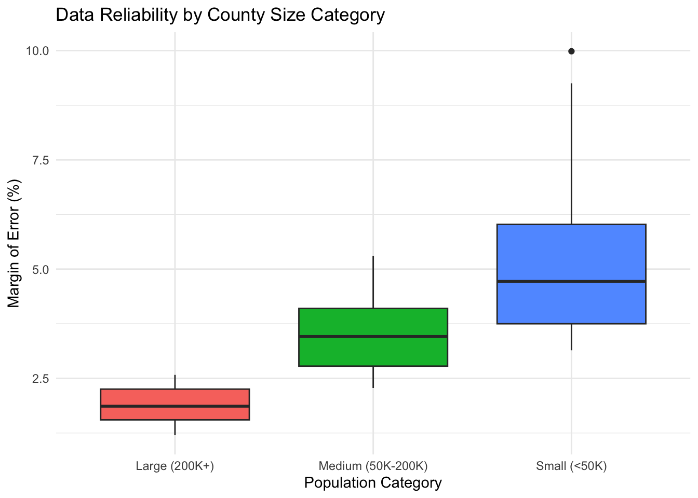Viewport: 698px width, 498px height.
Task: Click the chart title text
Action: [220, 15]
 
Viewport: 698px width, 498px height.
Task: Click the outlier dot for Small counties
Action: [571, 51]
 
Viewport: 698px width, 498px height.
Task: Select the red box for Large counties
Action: [175, 397]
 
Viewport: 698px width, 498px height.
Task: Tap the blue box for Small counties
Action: [571, 254]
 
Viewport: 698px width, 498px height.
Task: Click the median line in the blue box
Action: [571, 281]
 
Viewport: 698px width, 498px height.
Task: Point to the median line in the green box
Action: [373, 336]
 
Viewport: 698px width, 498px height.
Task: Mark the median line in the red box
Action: [175, 406]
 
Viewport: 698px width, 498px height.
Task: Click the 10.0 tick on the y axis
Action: [37, 51]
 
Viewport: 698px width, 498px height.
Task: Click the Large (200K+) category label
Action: [175, 466]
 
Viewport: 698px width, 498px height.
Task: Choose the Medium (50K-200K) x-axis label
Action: [373, 466]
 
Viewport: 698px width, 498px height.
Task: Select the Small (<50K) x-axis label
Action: [571, 466]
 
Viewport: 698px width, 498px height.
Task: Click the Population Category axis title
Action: [373, 483]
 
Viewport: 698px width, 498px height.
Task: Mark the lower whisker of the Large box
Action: [175, 427]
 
